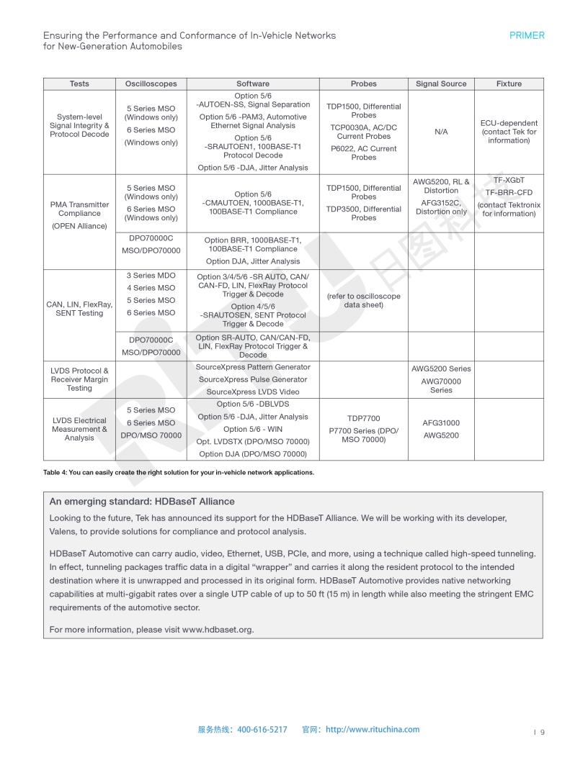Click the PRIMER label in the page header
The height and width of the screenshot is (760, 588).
527,35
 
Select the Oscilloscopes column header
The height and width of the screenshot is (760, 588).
151,83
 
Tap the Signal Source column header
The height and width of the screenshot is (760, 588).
441,83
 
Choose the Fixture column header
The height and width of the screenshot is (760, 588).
509,83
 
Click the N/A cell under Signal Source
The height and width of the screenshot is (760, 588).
441,132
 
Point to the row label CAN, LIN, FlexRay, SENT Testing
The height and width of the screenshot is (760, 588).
79,309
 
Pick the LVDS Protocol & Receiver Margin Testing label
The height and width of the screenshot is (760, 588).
79,379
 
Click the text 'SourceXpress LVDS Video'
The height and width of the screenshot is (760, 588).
252,392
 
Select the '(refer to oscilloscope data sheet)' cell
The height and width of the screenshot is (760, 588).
363,301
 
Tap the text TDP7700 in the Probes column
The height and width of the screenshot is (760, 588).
363,418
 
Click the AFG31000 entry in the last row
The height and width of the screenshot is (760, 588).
441,423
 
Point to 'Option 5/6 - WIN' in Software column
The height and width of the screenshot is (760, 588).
252,429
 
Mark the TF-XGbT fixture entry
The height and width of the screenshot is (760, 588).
509,181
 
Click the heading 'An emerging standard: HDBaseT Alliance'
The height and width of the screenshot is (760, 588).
141,502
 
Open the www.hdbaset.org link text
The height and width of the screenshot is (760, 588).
217,630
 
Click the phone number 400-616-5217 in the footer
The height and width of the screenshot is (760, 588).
262,729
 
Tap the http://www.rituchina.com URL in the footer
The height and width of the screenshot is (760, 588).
373,729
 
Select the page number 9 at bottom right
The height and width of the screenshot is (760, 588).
542,733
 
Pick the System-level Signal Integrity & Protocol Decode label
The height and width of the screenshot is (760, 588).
79,125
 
